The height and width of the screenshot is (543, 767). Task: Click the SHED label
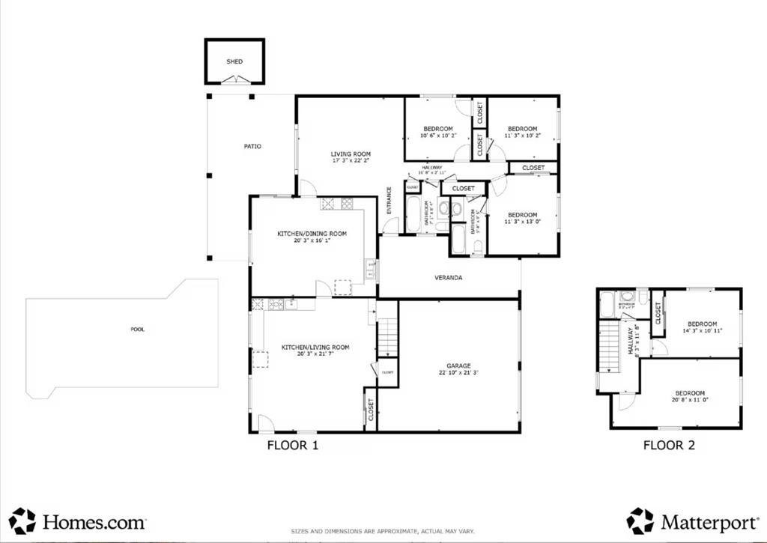(x=234, y=61)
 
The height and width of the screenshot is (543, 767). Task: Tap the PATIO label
(x=252, y=146)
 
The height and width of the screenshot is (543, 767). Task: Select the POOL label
(x=137, y=329)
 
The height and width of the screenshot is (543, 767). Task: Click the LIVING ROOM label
(x=351, y=154)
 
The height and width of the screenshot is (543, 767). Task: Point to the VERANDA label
(x=448, y=278)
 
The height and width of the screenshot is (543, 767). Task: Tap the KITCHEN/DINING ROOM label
(x=312, y=234)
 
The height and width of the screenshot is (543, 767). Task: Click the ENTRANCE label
(x=389, y=200)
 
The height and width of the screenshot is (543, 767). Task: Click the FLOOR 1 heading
(x=293, y=446)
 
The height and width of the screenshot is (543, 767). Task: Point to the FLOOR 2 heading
(x=669, y=446)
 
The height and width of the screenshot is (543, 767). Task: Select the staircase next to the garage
(x=387, y=336)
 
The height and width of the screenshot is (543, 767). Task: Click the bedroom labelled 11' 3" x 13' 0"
(x=522, y=218)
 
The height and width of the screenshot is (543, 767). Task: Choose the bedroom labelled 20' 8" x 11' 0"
(x=689, y=397)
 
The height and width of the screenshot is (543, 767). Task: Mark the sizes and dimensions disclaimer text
(x=383, y=532)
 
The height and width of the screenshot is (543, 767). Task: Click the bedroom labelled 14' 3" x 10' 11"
(x=702, y=327)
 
